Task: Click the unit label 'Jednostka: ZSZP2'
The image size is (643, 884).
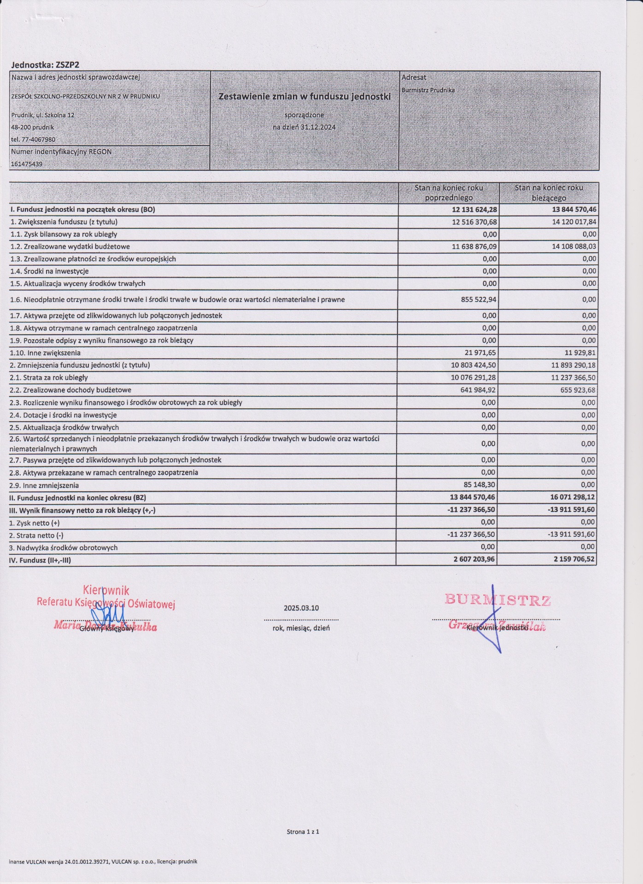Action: click(45, 65)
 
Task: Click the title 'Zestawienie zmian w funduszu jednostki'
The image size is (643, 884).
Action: click(304, 97)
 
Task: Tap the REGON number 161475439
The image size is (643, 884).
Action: click(27, 164)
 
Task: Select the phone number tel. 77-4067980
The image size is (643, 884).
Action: click(33, 139)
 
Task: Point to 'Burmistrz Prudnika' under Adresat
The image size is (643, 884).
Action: click(428, 90)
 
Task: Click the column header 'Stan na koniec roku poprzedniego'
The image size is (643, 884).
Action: click(449, 193)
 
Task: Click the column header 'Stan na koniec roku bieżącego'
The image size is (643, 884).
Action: click(549, 193)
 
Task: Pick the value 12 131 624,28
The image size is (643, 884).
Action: click(474, 209)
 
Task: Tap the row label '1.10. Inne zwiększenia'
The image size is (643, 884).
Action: click(46, 353)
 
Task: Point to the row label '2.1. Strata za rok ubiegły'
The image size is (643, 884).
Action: click(49, 378)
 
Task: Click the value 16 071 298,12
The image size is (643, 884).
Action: click(572, 498)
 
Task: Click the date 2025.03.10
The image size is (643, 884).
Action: click(301, 608)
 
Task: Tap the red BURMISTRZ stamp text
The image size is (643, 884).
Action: click(497, 600)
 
